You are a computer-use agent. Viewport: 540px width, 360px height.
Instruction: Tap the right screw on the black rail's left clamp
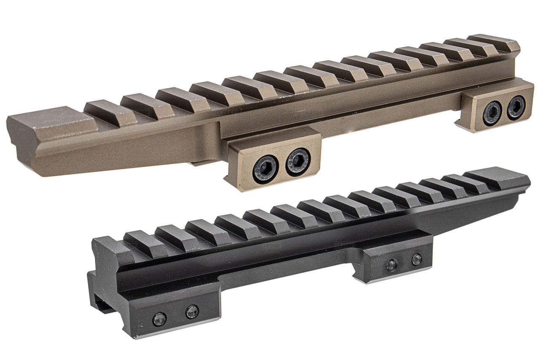click(x=192, y=311)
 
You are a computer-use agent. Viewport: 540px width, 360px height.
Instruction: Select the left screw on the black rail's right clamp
click(x=391, y=265)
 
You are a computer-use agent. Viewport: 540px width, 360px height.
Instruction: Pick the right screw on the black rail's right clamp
click(x=417, y=259)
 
